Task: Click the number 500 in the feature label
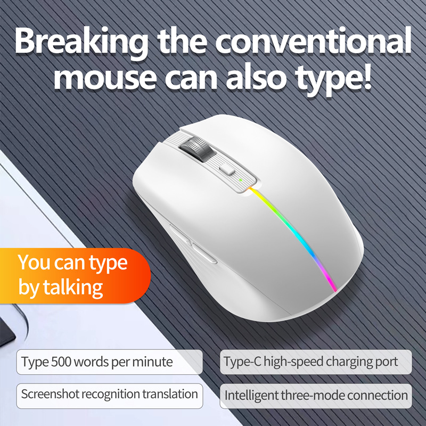62,362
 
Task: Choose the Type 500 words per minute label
97,362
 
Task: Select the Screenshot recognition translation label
109,395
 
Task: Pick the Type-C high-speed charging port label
311,362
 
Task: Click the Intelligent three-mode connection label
316,396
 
